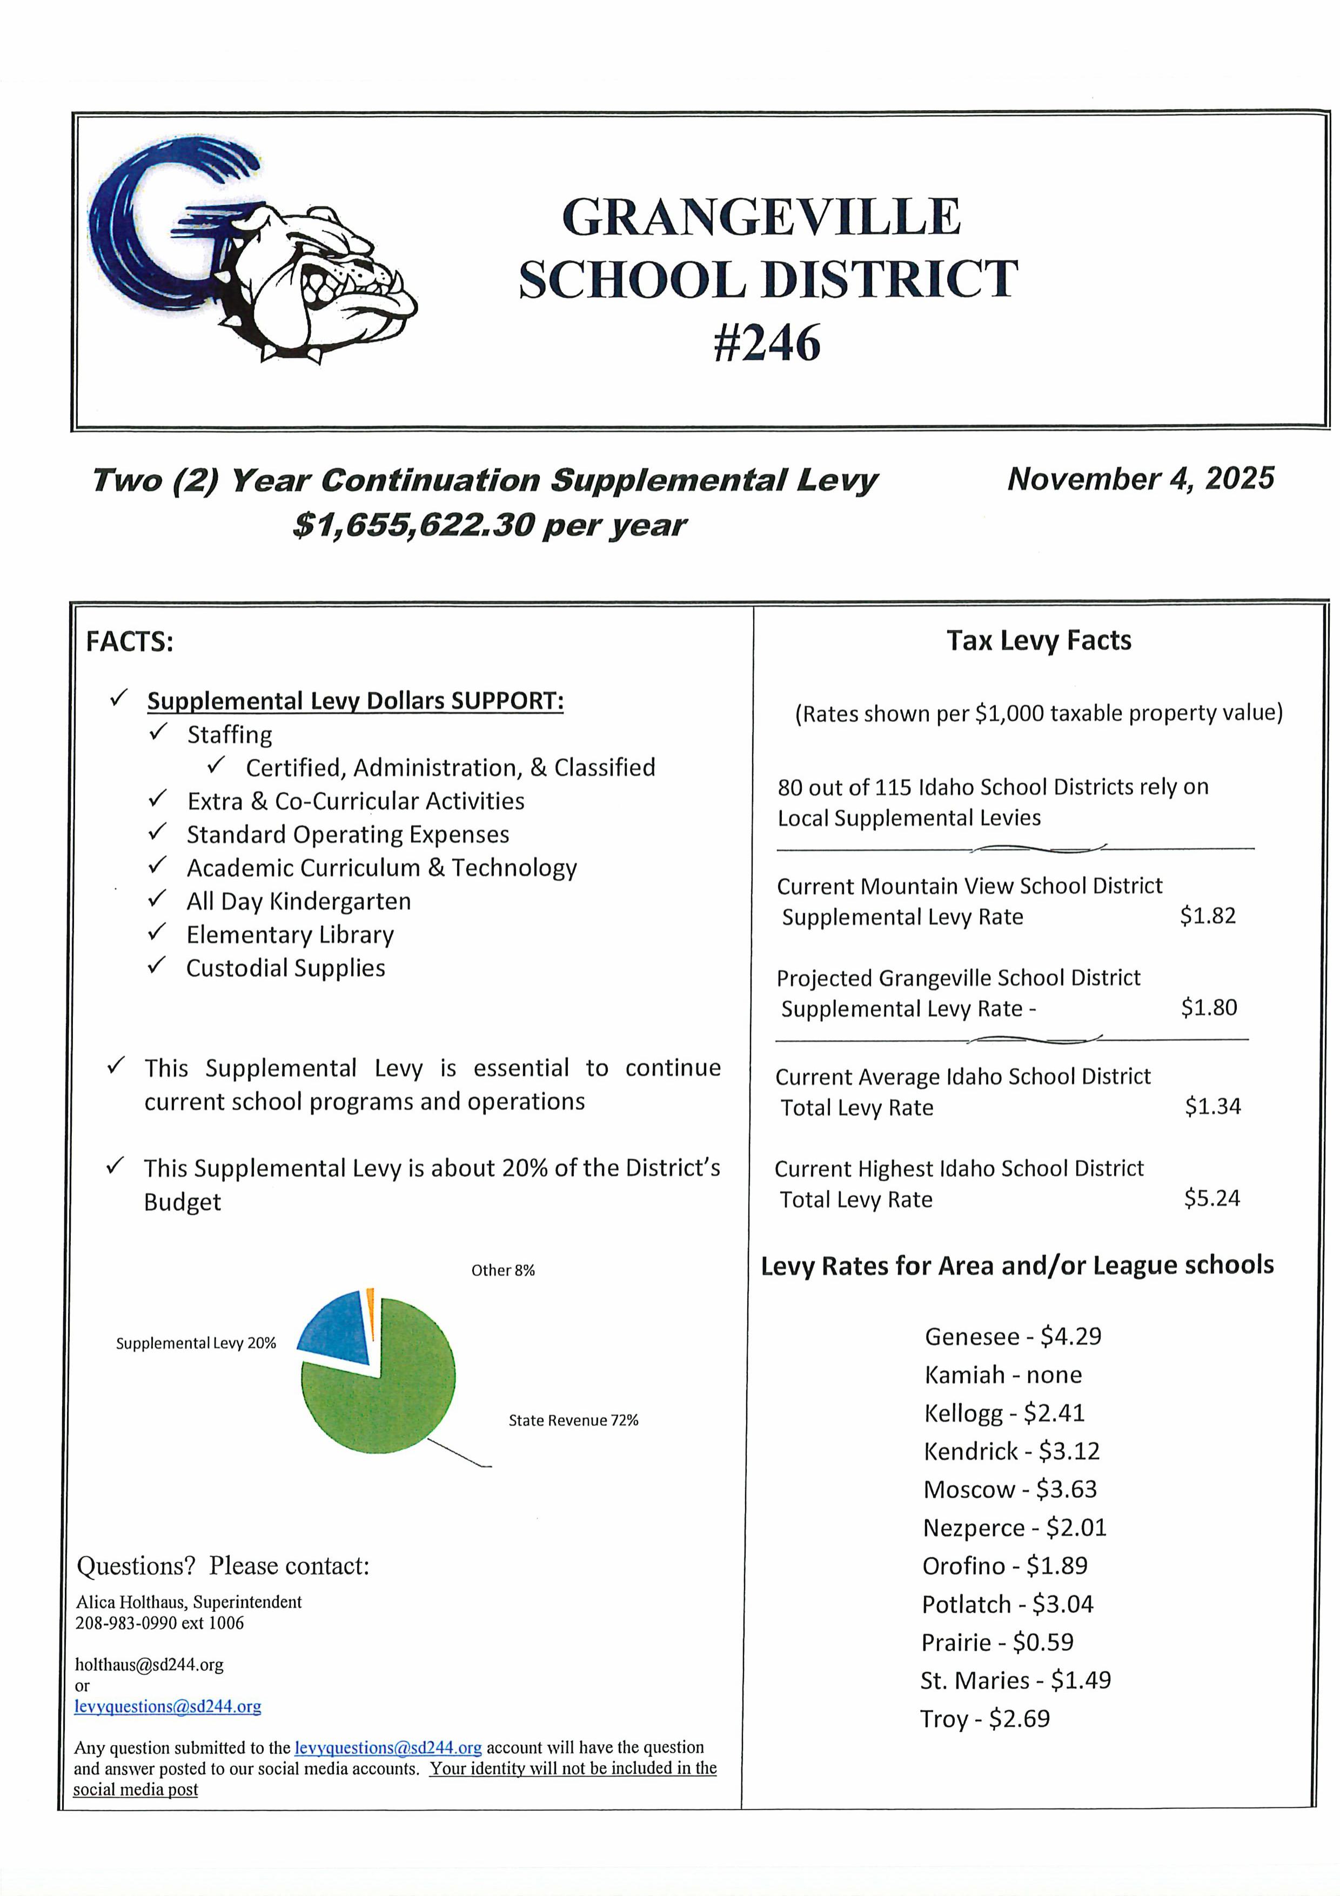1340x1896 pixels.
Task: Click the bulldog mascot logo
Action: click(252, 252)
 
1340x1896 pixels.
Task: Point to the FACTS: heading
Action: click(130, 641)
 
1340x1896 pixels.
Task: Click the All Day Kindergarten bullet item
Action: click(298, 901)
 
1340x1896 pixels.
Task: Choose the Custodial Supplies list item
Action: click(286, 968)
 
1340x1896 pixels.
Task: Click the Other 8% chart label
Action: click(503, 1271)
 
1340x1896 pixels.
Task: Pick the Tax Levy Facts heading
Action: click(1038, 641)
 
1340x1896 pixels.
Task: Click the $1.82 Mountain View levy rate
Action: click(1207, 916)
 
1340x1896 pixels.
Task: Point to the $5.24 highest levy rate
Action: click(1211, 1198)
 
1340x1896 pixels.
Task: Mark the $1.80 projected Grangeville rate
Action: click(1209, 1008)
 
